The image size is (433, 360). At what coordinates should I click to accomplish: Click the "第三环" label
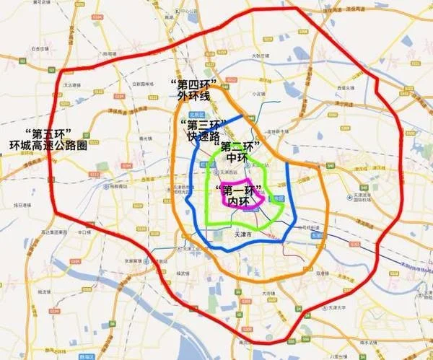204,123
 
